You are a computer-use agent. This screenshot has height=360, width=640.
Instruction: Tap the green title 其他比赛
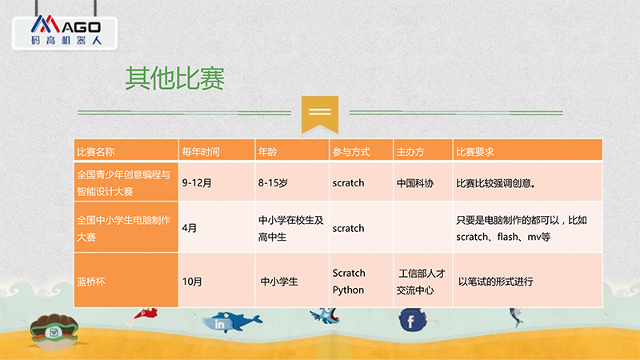click(x=174, y=78)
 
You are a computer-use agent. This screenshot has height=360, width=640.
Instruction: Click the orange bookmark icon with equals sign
click(x=320, y=114)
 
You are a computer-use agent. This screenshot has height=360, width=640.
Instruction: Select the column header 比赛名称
click(x=95, y=152)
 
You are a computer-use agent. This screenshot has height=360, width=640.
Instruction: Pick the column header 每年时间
click(x=201, y=152)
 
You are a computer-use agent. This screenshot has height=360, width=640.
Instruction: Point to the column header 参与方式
click(x=351, y=152)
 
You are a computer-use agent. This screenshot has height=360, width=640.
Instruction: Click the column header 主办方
click(x=410, y=152)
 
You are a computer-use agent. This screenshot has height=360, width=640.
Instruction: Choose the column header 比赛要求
click(x=474, y=152)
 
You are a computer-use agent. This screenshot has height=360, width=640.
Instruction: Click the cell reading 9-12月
click(x=197, y=183)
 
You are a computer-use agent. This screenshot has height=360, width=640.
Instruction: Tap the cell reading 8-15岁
click(x=273, y=183)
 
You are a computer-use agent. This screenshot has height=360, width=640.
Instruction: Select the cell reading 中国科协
click(x=414, y=183)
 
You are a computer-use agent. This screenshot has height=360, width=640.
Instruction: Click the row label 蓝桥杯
click(x=91, y=282)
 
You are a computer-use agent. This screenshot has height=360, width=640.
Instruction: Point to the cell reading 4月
click(x=190, y=228)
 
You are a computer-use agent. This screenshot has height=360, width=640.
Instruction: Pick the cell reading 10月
click(x=192, y=282)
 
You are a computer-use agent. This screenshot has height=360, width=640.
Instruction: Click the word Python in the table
click(x=348, y=290)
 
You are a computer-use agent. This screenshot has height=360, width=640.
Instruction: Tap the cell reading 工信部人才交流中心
click(x=421, y=282)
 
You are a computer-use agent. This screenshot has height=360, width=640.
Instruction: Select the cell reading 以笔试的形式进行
click(x=495, y=282)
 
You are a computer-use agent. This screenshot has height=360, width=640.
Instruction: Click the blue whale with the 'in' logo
click(x=231, y=322)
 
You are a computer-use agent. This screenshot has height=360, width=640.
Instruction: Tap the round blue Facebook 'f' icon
click(x=412, y=320)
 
